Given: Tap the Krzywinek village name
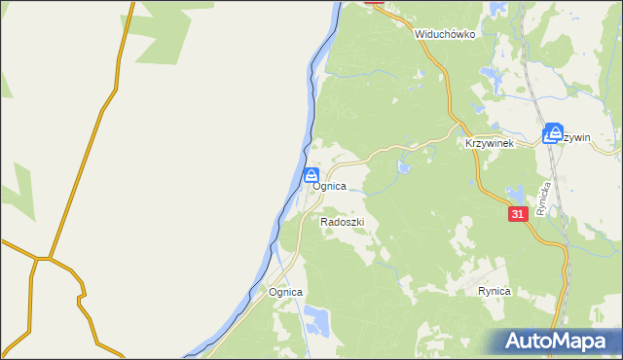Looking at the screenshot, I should click(x=489, y=143).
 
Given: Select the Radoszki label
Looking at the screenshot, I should click(x=342, y=222).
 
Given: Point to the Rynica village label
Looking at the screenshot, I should click(x=495, y=291).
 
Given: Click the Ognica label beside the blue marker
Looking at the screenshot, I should click(x=330, y=186).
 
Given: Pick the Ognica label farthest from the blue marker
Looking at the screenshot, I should click(x=286, y=292).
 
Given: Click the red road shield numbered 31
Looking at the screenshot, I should click(x=517, y=213).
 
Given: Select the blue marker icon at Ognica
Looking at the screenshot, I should click(x=311, y=175).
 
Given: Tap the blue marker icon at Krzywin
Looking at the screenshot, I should click(x=554, y=133).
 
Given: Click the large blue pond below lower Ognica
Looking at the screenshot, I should click(x=316, y=317).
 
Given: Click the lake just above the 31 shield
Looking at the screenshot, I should click(x=516, y=192).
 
